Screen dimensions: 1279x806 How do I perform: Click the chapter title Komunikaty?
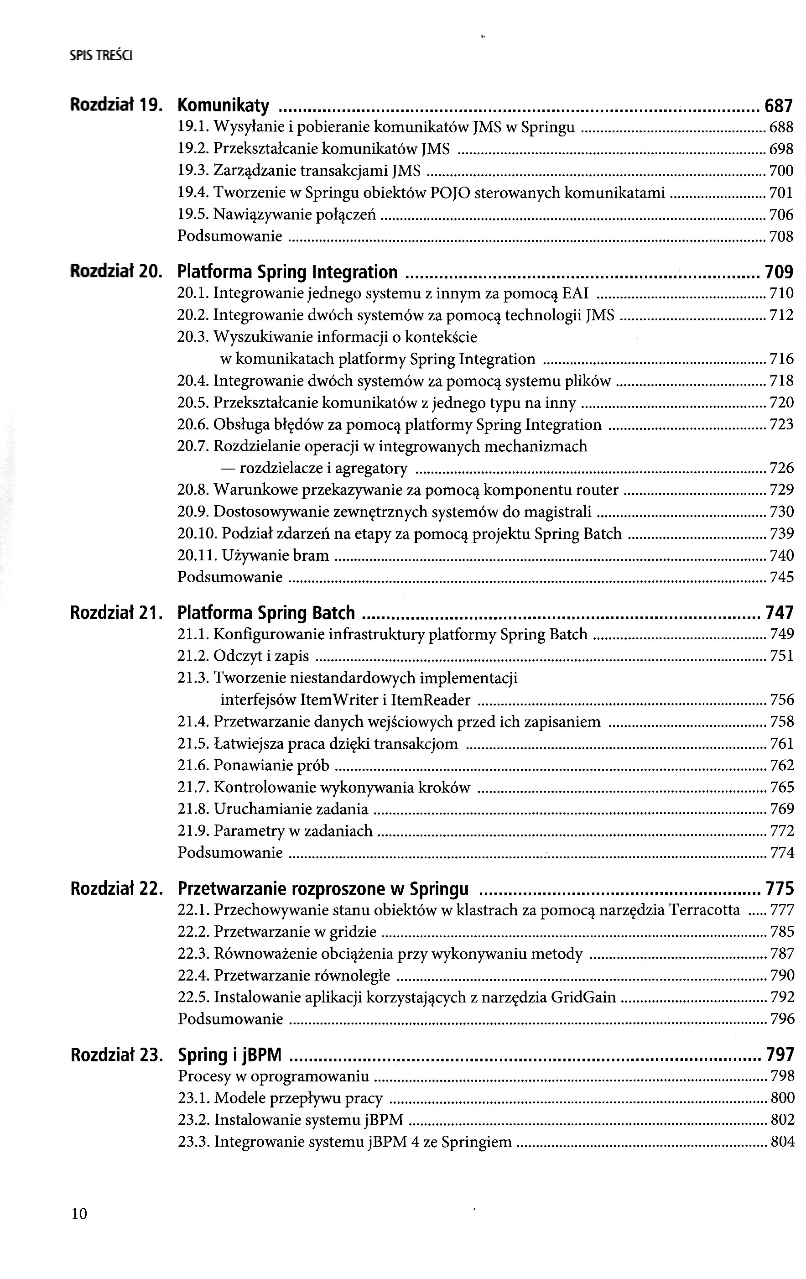coord(223,106)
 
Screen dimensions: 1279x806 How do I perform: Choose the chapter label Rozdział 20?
coord(116,272)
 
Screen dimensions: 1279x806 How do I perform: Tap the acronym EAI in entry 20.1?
coord(576,293)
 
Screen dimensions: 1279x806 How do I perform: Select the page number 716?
coord(781,359)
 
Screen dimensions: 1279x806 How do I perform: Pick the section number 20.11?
coord(197,556)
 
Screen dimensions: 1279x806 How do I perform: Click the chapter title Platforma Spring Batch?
coord(265,613)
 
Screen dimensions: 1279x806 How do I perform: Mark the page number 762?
coord(781,765)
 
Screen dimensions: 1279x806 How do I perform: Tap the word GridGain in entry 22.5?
coord(583,997)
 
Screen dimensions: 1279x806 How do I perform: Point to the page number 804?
coord(782,1142)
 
